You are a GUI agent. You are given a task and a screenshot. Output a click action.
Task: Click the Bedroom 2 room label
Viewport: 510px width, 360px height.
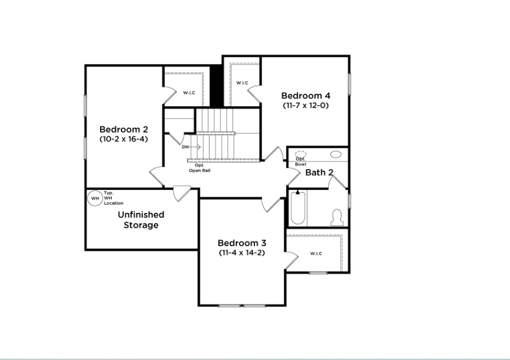click(x=124, y=129)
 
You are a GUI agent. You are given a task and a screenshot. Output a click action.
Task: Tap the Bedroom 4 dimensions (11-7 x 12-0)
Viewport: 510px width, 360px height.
click(x=306, y=105)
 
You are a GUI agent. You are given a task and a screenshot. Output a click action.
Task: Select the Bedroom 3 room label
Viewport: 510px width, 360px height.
click(x=242, y=243)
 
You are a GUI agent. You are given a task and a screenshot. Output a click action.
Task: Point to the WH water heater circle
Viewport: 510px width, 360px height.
click(x=95, y=198)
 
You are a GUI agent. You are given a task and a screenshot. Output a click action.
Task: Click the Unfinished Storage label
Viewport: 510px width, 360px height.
click(x=141, y=220)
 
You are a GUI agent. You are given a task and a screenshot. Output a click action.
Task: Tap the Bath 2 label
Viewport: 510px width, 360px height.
click(x=319, y=173)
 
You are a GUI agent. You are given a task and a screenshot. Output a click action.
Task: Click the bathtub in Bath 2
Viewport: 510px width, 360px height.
click(x=298, y=208)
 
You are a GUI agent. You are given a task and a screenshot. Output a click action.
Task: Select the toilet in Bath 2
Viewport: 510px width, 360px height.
click(x=337, y=217)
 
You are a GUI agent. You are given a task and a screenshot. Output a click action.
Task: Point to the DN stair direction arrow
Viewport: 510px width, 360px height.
click(x=195, y=147)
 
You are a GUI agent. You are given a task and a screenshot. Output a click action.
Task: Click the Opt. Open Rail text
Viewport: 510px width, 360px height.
click(x=200, y=168)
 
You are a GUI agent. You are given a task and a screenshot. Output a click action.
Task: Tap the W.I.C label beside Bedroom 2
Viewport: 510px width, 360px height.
click(x=189, y=93)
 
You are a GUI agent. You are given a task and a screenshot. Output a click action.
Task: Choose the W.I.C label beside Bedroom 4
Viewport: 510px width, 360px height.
click(x=242, y=83)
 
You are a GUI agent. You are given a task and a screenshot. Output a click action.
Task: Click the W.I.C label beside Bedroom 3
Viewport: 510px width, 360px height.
click(x=316, y=254)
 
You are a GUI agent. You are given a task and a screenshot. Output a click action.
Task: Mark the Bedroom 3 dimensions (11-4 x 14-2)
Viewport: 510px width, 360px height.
click(x=242, y=252)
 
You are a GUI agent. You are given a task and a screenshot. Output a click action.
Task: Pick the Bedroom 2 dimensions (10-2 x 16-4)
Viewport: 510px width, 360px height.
click(x=124, y=139)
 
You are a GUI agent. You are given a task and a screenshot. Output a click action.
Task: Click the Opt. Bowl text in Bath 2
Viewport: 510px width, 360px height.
click(x=300, y=162)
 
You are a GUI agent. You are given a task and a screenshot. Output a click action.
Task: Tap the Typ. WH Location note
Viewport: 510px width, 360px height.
click(x=113, y=198)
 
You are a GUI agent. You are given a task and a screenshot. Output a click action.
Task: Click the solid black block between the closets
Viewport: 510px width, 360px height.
click(x=216, y=86)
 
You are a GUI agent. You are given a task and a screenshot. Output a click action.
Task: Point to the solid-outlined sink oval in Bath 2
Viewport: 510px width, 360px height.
click(x=336, y=154)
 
